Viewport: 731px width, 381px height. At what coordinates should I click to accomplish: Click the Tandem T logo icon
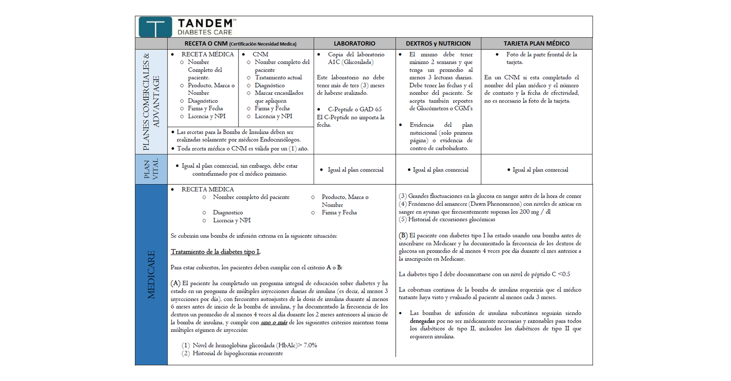coord(155,27)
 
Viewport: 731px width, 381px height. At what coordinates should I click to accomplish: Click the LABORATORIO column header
coord(354,43)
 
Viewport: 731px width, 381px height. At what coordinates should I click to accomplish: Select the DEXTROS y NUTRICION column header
coord(438,43)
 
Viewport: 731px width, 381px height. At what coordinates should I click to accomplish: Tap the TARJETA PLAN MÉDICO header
coord(536,43)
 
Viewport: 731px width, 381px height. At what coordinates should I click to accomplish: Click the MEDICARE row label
coord(151,275)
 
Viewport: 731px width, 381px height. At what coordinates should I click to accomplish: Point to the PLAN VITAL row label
coord(151,169)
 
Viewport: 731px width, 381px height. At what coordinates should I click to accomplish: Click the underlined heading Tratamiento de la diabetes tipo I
coord(215,252)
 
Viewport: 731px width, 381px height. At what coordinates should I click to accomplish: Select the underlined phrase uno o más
coord(274,323)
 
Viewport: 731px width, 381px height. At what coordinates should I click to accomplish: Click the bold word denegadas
coord(422,321)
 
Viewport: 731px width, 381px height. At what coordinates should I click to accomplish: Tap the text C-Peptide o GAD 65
coord(354,109)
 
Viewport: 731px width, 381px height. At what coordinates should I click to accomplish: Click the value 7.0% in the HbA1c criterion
coord(310,346)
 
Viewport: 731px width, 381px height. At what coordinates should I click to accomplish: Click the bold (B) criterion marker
coord(403,235)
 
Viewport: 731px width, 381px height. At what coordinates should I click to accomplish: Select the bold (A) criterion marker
coord(175,283)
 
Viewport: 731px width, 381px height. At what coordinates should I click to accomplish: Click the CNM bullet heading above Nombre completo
coord(260,54)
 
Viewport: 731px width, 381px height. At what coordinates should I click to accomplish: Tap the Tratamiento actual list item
coord(278,78)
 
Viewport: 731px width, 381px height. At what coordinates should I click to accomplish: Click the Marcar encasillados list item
coord(279,93)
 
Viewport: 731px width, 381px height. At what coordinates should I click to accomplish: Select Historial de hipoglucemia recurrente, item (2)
coord(238,354)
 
